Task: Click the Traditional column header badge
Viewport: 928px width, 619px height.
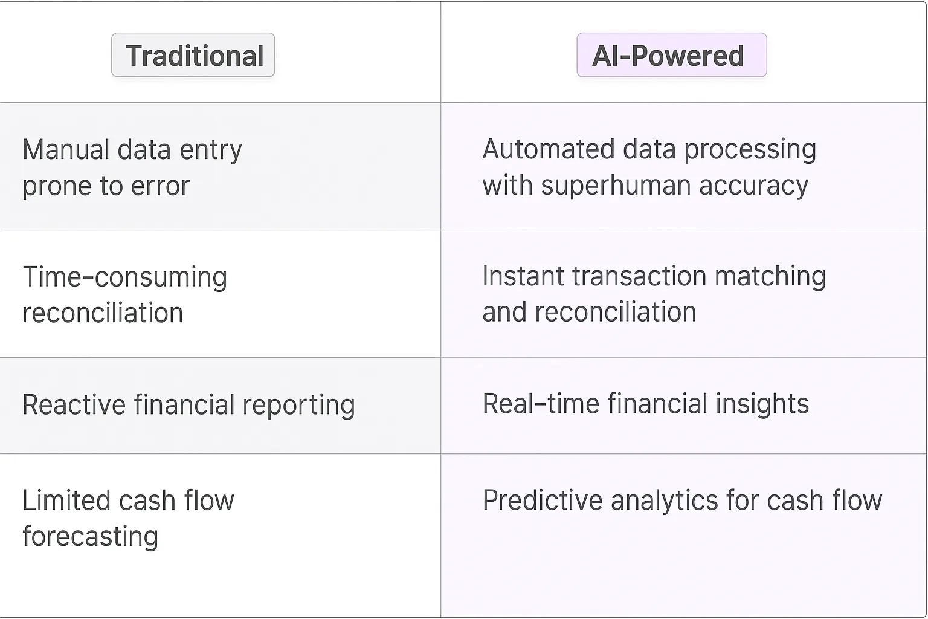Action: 193,56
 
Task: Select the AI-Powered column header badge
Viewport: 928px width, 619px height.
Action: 671,56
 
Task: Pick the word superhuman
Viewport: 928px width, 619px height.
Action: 615,186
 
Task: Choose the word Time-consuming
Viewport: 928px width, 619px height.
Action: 124,277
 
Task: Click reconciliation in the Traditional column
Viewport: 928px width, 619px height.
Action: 103,313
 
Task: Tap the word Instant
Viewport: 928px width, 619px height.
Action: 523,276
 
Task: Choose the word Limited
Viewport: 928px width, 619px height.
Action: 66,501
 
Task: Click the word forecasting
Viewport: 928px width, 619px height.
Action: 91,537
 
